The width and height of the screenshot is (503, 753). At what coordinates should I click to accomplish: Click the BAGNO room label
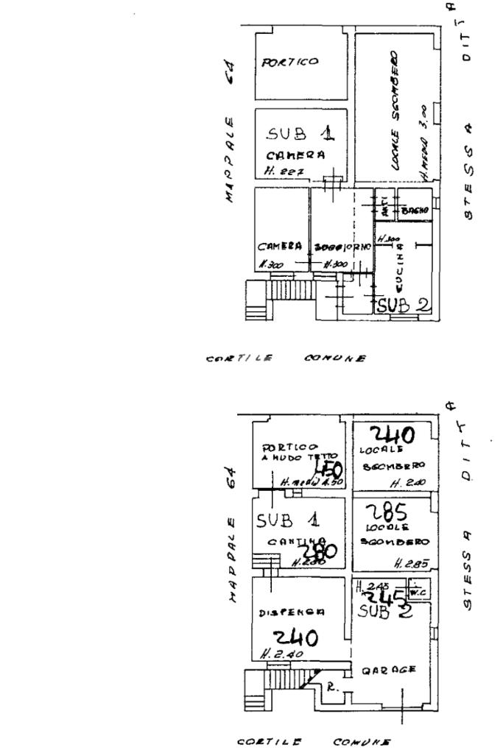click(414, 211)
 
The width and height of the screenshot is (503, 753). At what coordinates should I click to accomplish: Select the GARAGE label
click(389, 669)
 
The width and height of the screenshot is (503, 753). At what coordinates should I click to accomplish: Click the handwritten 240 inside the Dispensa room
click(295, 637)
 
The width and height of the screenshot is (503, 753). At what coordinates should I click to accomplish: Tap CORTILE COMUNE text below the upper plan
click(288, 358)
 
